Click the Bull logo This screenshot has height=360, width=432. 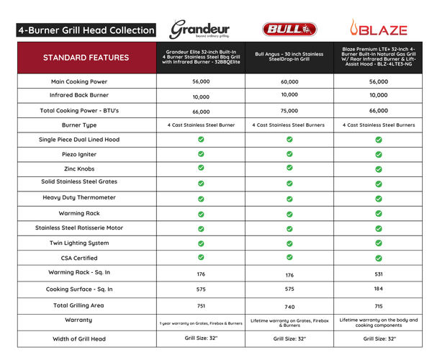tap(289, 30)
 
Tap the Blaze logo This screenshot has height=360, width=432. tap(379, 30)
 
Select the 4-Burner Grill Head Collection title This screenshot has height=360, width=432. tap(86, 30)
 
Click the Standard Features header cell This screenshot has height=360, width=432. tap(86, 58)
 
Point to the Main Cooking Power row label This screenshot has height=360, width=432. tap(86, 81)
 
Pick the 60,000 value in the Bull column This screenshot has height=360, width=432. tap(289, 82)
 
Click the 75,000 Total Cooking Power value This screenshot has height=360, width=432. tap(289, 112)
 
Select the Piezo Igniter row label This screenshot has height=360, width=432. tap(86, 154)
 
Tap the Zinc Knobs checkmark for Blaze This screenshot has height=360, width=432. tap(379, 168)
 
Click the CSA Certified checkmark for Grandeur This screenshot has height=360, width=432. tap(202, 257)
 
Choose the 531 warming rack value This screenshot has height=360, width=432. tap(379, 273)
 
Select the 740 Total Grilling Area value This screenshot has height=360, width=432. tap(289, 306)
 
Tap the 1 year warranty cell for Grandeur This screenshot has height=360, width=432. tap(202, 323)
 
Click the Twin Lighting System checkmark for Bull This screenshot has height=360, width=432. tap(289, 243)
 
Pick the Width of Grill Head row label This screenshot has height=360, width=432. tap(86, 338)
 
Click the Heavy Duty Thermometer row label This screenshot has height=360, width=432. tap(86, 198)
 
